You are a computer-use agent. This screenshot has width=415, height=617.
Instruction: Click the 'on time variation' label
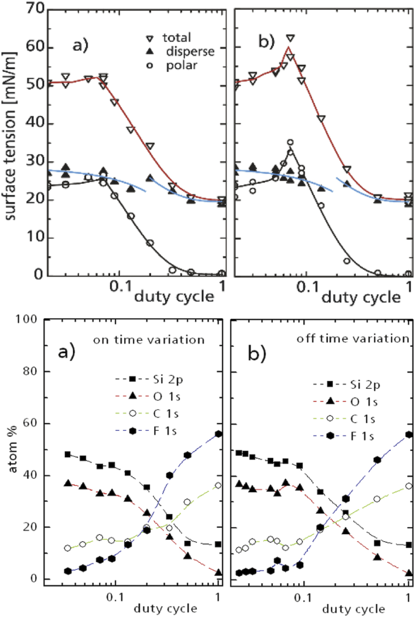(x=149, y=340)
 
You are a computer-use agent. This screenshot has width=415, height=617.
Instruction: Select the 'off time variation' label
(x=353, y=338)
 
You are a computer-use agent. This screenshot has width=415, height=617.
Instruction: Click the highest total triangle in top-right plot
(x=290, y=38)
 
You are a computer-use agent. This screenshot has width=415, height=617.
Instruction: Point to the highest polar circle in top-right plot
(x=290, y=142)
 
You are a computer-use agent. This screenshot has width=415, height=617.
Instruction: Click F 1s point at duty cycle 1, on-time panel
(x=218, y=434)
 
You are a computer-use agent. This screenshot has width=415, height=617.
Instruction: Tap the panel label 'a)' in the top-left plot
(x=80, y=45)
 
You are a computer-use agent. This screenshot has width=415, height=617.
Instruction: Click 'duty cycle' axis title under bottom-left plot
(x=165, y=608)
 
